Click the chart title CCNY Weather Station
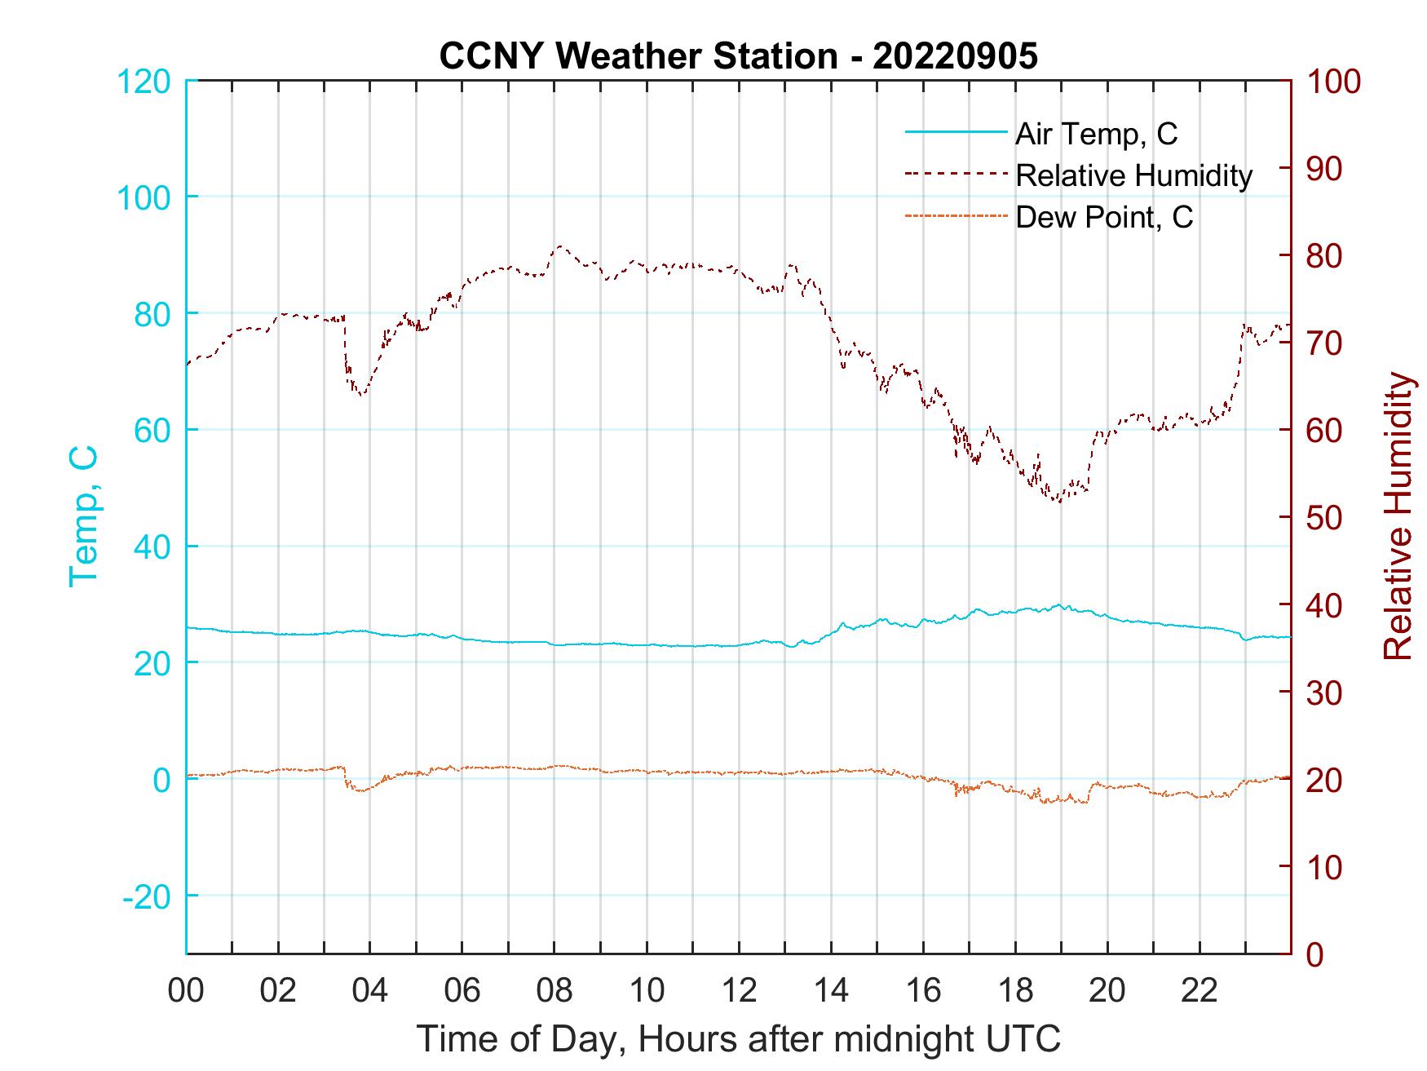click(x=738, y=55)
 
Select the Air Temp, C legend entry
click(x=1095, y=134)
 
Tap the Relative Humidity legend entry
click(x=1133, y=175)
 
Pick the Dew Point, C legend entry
click(x=1103, y=217)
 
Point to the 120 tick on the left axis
click(x=144, y=82)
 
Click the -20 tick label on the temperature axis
click(x=147, y=896)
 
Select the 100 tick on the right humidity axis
click(x=1334, y=82)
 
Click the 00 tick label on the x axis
click(x=187, y=990)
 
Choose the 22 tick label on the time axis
click(x=1199, y=990)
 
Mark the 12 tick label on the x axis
click(x=739, y=990)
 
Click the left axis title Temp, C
click(x=83, y=516)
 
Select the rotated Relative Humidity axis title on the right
click(x=1398, y=516)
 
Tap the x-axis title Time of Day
click(x=738, y=1039)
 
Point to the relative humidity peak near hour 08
click(x=559, y=246)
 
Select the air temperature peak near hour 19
click(x=1059, y=604)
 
